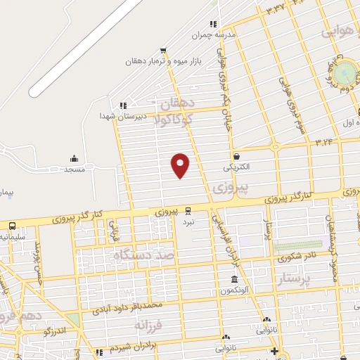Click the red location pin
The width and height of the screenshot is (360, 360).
181,165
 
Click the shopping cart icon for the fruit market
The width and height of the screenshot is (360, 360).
163,50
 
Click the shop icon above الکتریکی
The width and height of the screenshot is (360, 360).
236,156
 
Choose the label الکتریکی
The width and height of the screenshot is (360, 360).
236,168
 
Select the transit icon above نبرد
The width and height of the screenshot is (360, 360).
188,210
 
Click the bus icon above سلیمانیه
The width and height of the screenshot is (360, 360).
12,226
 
